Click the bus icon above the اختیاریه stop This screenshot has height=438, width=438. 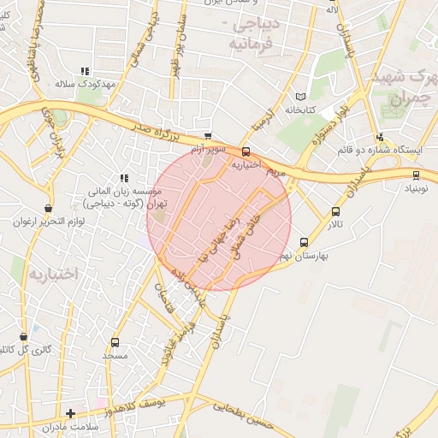point(247,151)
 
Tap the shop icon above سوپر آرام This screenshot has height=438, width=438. point(208,136)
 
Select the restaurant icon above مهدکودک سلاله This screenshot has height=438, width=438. point(84,72)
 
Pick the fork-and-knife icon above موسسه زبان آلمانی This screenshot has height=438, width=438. point(124,179)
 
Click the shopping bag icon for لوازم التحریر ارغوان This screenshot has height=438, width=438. point(48,208)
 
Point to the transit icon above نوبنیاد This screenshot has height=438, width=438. point(417,176)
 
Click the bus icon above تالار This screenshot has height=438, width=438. point(335,211)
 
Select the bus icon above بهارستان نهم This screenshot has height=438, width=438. point(304,242)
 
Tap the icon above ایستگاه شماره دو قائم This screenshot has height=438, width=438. point(380,137)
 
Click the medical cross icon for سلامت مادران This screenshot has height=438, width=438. point(70,414)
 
